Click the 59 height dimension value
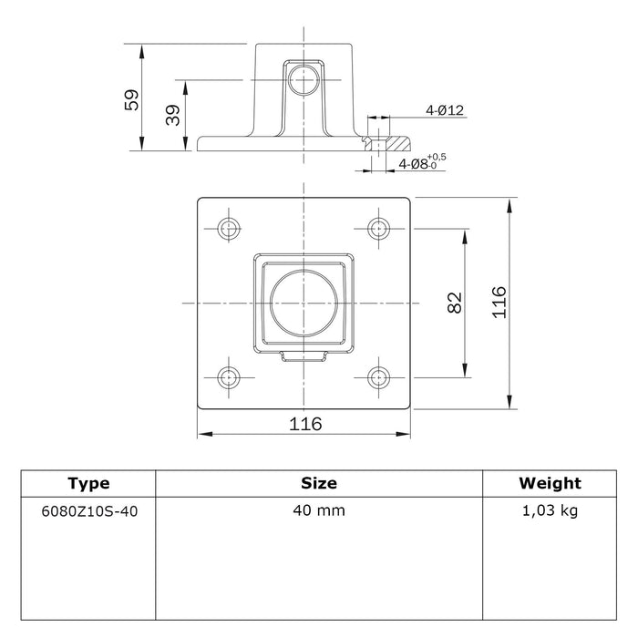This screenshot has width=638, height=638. [131, 99]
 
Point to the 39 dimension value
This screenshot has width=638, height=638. [173, 115]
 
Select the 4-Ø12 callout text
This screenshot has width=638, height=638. [445, 110]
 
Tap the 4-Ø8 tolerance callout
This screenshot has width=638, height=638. [422, 162]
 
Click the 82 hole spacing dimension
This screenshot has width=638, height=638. [455, 303]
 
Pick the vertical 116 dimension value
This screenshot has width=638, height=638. [499, 303]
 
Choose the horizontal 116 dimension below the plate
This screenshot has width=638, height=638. [305, 424]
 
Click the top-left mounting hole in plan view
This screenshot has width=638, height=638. [229, 228]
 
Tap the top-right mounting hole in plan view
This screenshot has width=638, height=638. [378, 228]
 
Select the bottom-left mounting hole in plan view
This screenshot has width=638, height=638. [229, 377]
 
